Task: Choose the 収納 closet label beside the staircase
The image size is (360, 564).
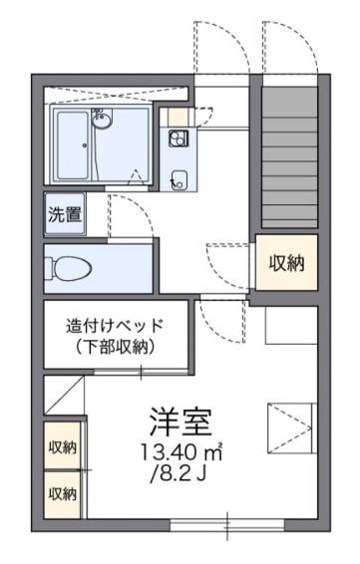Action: point(286,264)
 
